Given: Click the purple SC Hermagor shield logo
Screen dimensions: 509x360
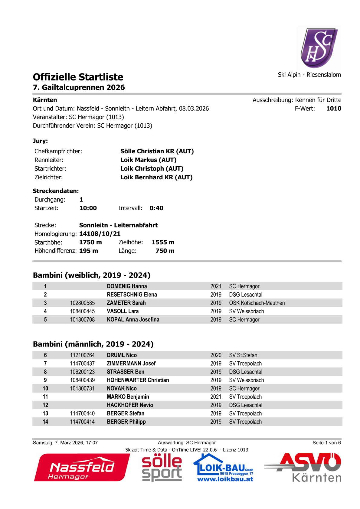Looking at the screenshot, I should [x=319, y=47].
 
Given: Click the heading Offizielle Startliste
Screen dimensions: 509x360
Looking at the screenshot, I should [x=78, y=77].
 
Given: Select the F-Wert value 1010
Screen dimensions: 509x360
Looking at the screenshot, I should [x=333, y=109].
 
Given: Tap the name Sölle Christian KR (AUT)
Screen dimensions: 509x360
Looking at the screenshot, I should [x=157, y=151].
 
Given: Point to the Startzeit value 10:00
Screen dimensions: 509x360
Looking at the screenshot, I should [x=88, y=208].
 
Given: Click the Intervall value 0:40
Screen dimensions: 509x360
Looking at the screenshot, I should [x=156, y=208].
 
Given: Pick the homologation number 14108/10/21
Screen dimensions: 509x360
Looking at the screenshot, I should [x=100, y=234].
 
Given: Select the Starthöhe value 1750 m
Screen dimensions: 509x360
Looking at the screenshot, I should [x=90, y=242].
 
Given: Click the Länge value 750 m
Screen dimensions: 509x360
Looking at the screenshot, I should [x=165, y=251].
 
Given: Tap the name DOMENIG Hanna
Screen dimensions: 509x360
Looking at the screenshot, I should [x=127, y=286].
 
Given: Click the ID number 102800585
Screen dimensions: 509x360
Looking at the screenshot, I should [x=82, y=303].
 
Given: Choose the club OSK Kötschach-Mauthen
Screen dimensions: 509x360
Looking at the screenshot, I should [x=257, y=303].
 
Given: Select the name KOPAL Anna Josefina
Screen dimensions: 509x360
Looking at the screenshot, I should [x=133, y=320].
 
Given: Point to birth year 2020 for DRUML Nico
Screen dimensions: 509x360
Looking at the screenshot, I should [x=216, y=355].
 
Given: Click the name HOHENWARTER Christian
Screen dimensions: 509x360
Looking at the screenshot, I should [x=138, y=380].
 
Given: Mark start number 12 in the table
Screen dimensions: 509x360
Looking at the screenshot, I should [x=45, y=405].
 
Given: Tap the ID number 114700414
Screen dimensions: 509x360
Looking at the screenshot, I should [x=82, y=422].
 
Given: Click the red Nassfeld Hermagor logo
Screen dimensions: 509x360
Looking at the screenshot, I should [x=82, y=468].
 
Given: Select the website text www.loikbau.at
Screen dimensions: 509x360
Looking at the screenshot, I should [x=225, y=479].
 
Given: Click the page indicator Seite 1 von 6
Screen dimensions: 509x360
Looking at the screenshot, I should [x=326, y=443].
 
